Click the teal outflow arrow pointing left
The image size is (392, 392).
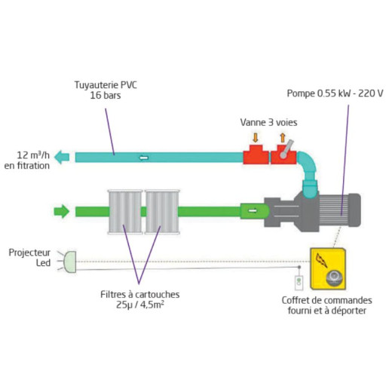62,157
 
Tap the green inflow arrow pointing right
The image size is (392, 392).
62,211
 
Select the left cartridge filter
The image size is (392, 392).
125,212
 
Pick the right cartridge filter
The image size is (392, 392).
162,212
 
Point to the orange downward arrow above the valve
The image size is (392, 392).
256,138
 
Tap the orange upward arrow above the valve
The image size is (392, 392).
283,138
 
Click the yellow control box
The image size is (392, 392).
328,268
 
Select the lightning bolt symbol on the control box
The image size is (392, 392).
321,260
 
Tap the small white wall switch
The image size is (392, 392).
299,283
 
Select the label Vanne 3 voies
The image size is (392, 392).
268,122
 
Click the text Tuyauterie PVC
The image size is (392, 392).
106,85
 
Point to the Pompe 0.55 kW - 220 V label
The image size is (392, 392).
335,93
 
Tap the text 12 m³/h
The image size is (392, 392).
33,155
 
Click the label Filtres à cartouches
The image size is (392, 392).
140,294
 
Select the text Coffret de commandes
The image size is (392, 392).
327,300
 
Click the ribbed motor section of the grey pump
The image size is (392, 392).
334,210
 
